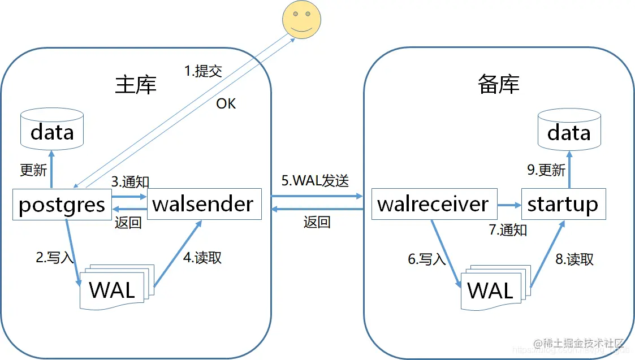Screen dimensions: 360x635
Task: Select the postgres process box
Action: click(x=62, y=204)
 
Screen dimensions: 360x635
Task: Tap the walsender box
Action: click(x=204, y=203)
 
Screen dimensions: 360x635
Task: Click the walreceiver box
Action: click(x=434, y=203)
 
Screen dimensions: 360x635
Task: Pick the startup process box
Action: click(x=563, y=203)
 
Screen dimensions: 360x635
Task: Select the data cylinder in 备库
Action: click(x=569, y=131)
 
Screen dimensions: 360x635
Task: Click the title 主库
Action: click(x=136, y=84)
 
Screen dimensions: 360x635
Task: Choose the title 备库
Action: click(x=498, y=84)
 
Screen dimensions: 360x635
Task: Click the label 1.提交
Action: click(x=203, y=71)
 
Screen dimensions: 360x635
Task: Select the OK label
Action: click(x=226, y=103)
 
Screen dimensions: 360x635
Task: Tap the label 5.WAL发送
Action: click(x=315, y=181)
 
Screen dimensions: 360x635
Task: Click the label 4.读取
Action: click(x=202, y=257)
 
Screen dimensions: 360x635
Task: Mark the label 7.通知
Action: click(x=508, y=229)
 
